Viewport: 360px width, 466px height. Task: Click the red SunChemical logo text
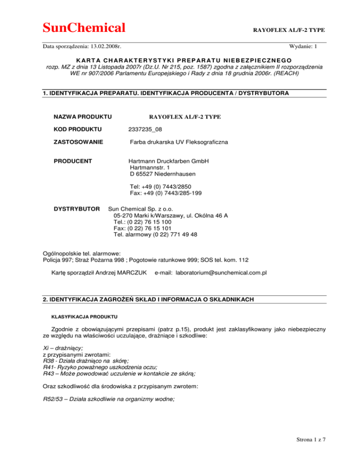pos(84,27)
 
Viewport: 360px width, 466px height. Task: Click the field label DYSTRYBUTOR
pos(77,207)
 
